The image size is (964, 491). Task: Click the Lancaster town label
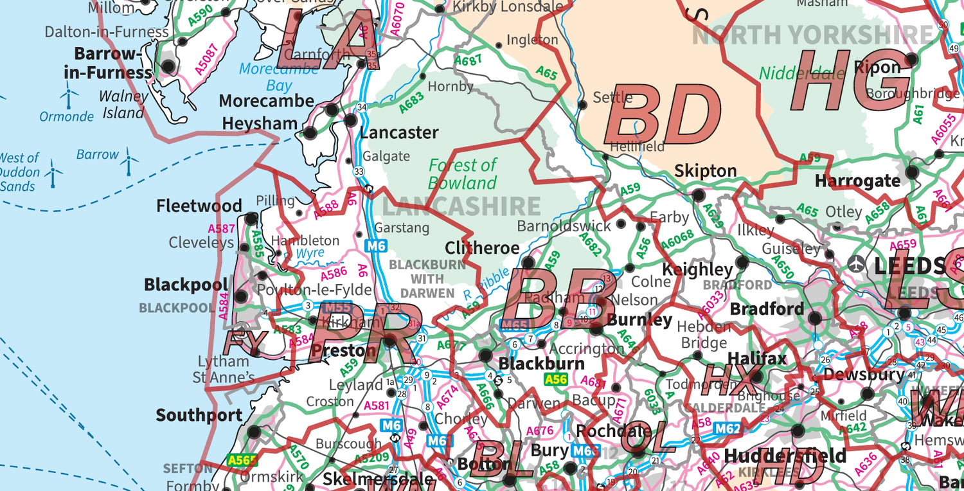tap(398, 133)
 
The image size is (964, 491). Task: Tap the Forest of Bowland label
tap(462, 174)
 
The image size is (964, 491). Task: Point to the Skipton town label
tap(705, 171)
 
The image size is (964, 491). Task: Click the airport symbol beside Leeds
tap(857, 263)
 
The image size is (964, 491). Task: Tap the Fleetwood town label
tap(199, 206)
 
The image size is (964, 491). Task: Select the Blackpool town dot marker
tap(241, 296)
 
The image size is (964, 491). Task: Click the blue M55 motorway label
tap(337, 308)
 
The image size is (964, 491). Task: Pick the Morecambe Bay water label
tap(278, 77)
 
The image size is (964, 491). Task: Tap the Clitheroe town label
tap(482, 248)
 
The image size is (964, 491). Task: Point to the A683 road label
tap(411, 103)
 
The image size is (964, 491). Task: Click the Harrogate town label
tap(857, 181)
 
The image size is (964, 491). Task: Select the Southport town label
tap(199, 415)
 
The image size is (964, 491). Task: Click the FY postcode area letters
tap(244, 343)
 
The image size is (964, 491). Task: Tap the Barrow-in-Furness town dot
tap(168, 66)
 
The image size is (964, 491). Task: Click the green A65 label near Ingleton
tap(546, 73)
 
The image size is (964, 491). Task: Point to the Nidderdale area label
tap(801, 73)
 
